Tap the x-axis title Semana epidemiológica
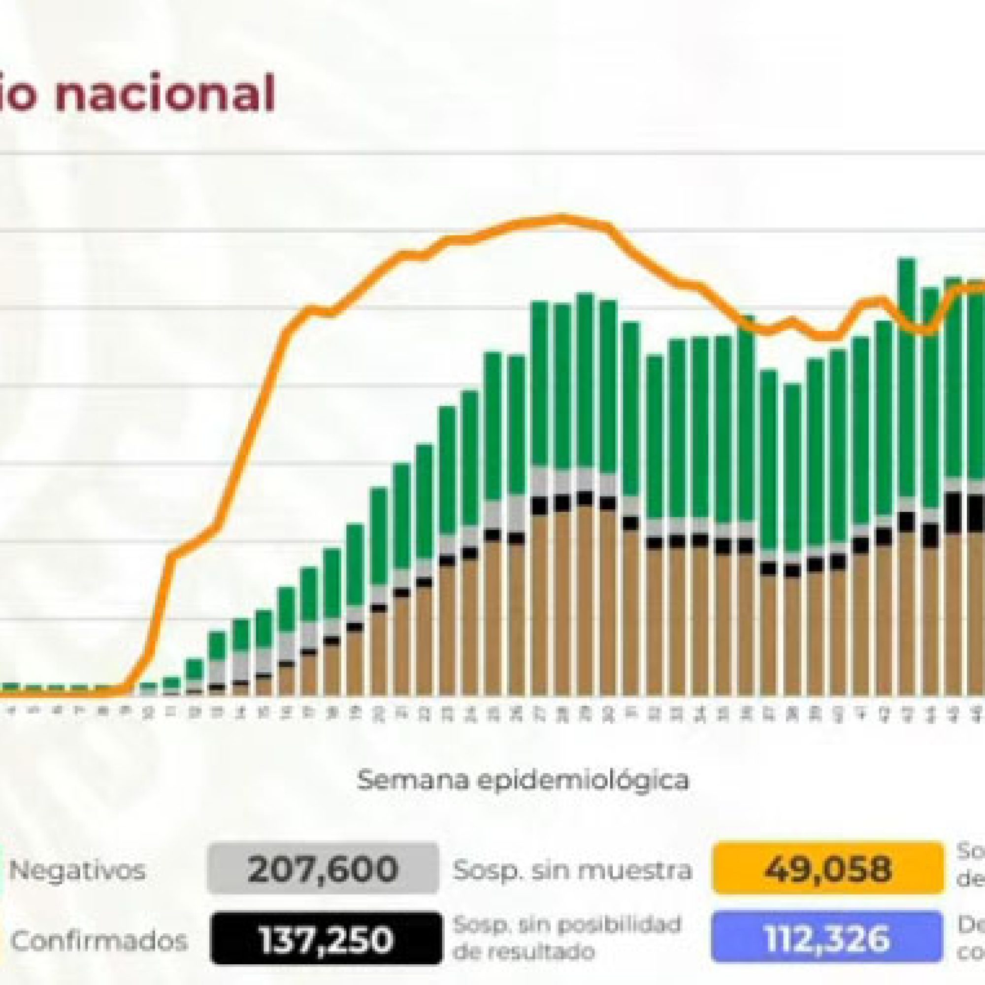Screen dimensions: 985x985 click(x=523, y=780)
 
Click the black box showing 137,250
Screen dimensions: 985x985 click(x=327, y=925)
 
